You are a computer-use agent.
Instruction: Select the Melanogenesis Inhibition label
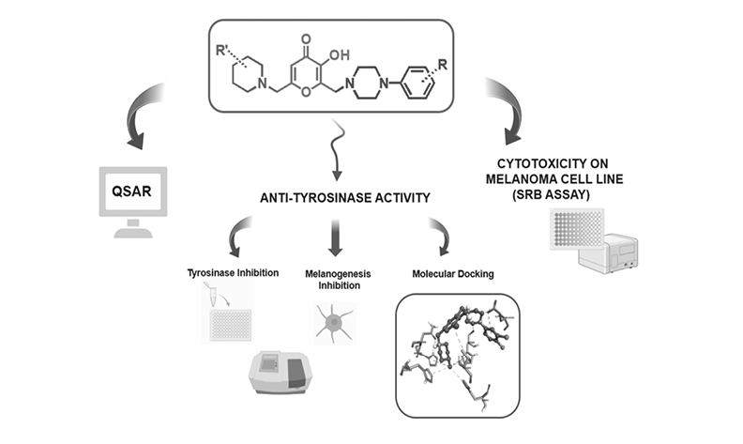pos(336,279)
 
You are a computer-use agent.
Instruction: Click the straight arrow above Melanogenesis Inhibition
pos(336,241)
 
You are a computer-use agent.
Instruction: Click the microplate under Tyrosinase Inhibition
pos(230,325)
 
